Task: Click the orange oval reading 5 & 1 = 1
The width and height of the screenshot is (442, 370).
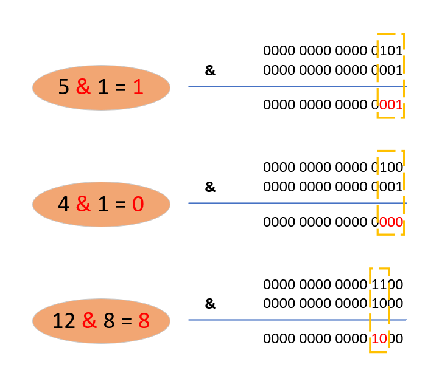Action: pyautogui.click(x=101, y=87)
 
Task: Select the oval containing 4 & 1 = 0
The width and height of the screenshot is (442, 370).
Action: pyautogui.click(x=101, y=204)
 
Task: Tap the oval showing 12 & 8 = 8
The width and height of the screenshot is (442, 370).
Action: pyautogui.click(x=101, y=321)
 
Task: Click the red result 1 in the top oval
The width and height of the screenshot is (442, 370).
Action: pyautogui.click(x=138, y=87)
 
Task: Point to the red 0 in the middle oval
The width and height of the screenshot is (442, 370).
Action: pyautogui.click(x=138, y=204)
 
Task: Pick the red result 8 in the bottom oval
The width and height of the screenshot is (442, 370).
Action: pyautogui.click(x=144, y=321)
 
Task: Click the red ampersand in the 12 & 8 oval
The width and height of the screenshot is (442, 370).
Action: pyautogui.click(x=89, y=321)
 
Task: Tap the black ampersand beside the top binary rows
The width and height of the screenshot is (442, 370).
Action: pyautogui.click(x=210, y=70)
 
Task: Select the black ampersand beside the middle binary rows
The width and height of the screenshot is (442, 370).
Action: pyautogui.click(x=210, y=187)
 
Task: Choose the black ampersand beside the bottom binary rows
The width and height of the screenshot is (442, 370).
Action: pyautogui.click(x=210, y=304)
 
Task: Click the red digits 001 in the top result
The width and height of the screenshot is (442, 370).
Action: pyautogui.click(x=391, y=105)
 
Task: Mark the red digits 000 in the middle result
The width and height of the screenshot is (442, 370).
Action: pyautogui.click(x=391, y=222)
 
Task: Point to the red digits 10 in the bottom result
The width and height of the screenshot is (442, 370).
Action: pyautogui.click(x=379, y=338)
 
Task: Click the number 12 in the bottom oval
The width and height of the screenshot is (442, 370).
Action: pyautogui.click(x=64, y=321)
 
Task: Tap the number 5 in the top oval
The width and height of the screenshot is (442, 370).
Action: pyautogui.click(x=64, y=87)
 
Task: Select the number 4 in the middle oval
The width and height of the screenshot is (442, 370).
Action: pyautogui.click(x=64, y=204)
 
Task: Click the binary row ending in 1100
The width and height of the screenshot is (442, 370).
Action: pyautogui.click(x=333, y=284)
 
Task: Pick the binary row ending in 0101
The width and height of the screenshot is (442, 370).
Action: pyautogui.click(x=333, y=50)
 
